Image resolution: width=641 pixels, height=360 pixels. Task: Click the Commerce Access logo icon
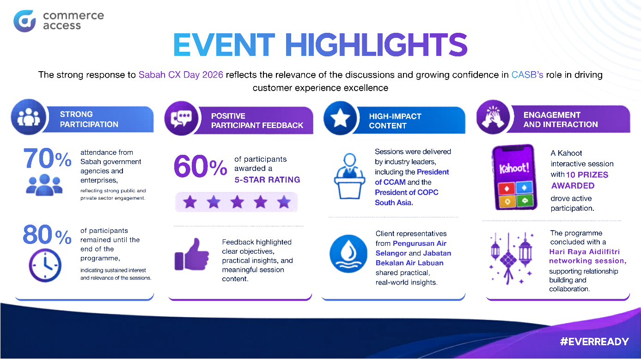(24, 21)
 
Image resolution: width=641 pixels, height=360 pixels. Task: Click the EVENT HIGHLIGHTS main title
(320, 45)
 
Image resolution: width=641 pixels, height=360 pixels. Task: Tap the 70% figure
(47, 159)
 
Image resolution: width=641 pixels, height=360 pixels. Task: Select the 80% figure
(47, 236)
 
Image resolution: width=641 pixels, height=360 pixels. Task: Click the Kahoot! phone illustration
(513, 178)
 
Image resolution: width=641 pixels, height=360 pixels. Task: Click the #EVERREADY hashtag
(594, 342)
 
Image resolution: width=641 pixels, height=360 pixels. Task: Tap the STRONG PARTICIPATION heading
(89, 119)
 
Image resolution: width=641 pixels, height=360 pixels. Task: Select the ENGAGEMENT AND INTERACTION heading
(561, 119)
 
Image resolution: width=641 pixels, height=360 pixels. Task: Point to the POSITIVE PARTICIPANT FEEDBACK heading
(257, 120)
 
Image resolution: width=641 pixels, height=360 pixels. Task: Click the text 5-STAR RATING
(267, 179)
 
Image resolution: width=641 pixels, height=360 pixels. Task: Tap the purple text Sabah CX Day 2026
(181, 75)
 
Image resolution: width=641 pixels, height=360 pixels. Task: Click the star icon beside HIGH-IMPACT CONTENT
(341, 118)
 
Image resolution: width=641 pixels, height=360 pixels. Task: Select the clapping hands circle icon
(493, 118)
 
